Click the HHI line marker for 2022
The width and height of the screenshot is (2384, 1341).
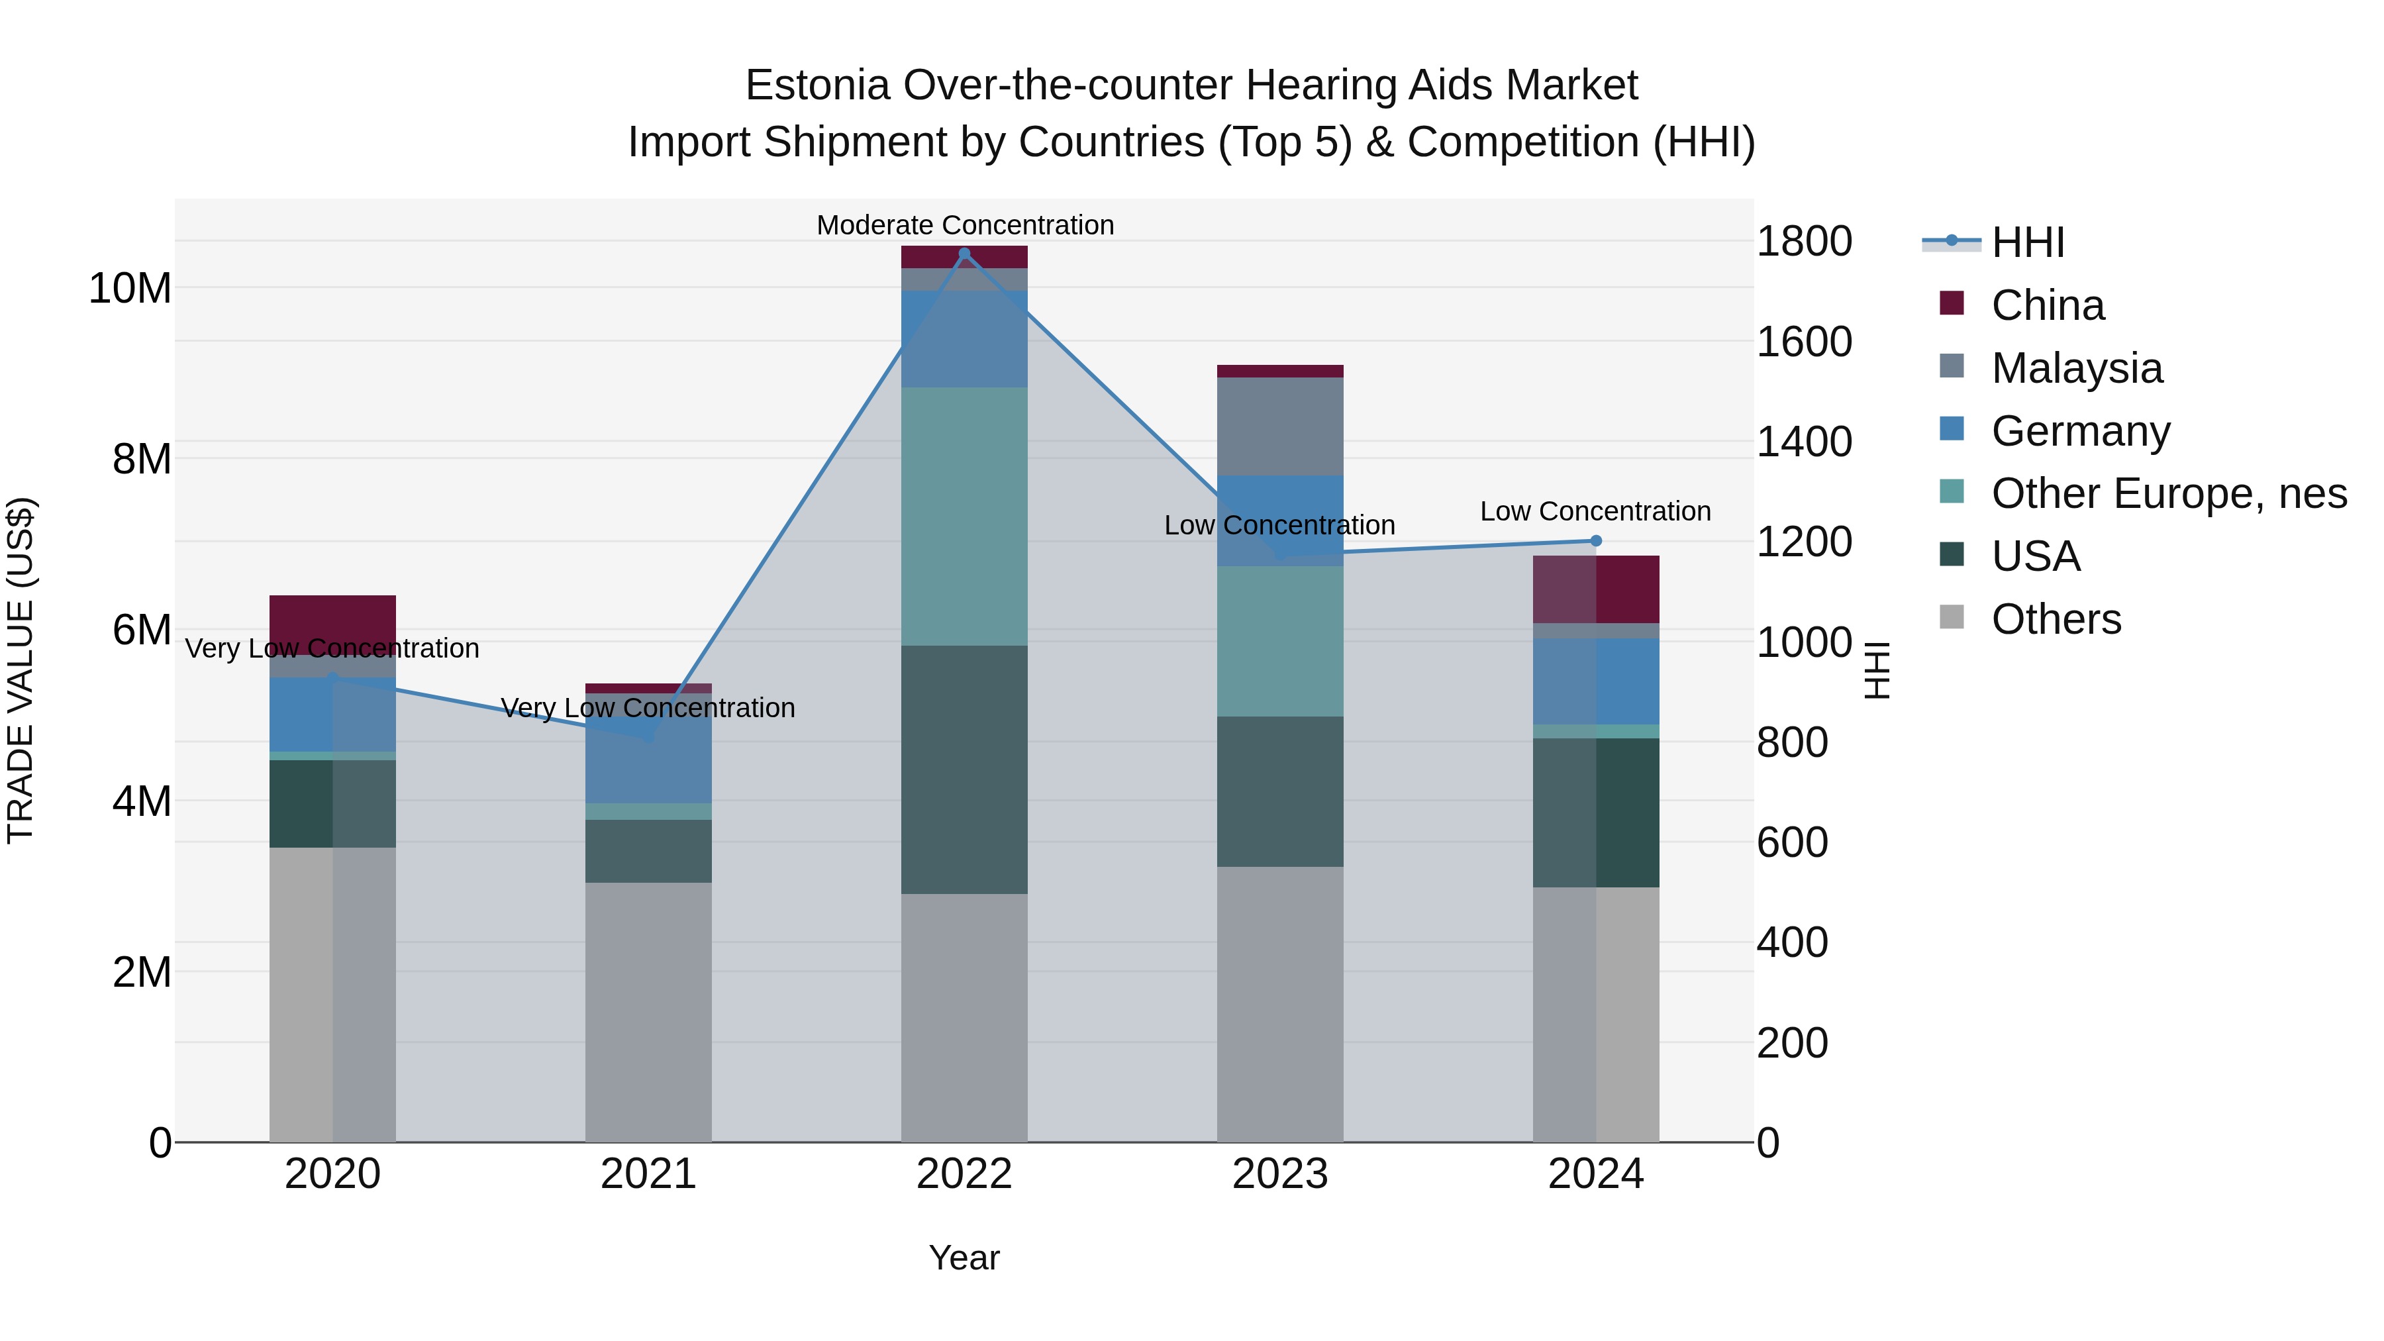point(964,254)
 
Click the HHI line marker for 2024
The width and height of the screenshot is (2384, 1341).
point(1595,540)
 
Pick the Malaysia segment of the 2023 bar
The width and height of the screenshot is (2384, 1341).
point(1280,426)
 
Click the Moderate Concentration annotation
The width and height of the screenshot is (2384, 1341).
point(964,225)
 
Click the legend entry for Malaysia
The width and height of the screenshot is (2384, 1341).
point(2076,368)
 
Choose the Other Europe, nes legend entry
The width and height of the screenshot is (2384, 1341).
point(2168,493)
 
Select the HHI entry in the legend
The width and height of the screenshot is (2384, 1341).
point(2027,242)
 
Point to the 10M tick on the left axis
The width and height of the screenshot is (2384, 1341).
point(130,289)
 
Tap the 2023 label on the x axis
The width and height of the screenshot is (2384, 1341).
point(1280,1174)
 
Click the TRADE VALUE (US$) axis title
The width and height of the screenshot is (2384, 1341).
point(21,670)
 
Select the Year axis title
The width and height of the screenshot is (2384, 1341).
point(964,1258)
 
